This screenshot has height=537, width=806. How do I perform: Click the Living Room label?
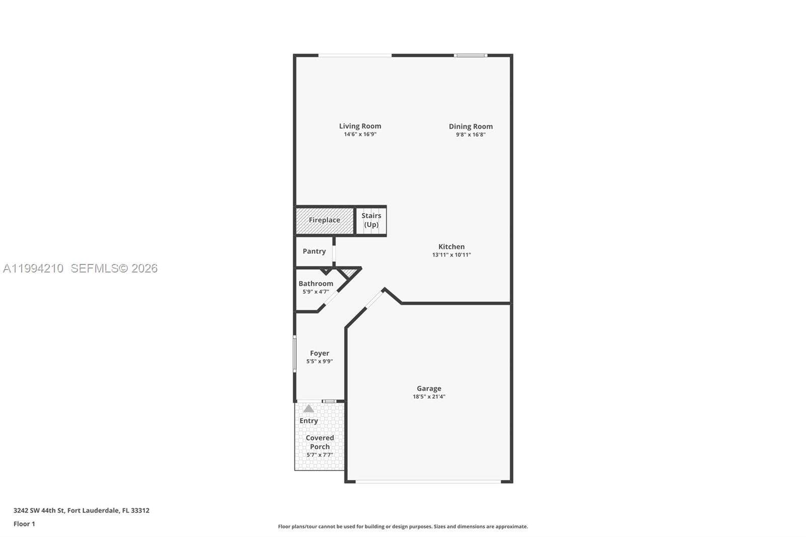(x=360, y=126)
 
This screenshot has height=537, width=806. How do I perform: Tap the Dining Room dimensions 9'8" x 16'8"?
(x=471, y=135)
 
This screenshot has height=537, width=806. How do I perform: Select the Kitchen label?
(x=451, y=246)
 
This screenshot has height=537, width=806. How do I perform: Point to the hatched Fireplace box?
(x=324, y=220)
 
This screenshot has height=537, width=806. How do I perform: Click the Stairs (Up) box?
(x=371, y=220)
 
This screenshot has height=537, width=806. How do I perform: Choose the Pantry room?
(x=314, y=251)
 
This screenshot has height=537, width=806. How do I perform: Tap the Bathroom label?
(x=315, y=283)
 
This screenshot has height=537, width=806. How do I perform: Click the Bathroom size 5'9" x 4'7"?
(x=315, y=292)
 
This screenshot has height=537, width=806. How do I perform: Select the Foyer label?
(x=319, y=353)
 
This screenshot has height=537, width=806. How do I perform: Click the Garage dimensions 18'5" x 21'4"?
(x=429, y=396)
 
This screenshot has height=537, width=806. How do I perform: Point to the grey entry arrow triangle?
(x=308, y=409)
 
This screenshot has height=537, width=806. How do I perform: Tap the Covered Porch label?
(x=319, y=442)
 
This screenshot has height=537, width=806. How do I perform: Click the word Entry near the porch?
(x=308, y=421)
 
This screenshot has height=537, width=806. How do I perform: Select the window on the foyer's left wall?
(x=295, y=354)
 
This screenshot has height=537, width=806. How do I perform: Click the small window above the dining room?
(x=471, y=55)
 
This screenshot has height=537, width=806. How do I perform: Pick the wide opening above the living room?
(x=355, y=55)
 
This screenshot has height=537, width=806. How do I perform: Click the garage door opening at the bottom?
(x=428, y=482)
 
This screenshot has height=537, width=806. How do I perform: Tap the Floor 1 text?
(x=24, y=524)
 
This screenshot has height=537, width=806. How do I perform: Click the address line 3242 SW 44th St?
(x=81, y=510)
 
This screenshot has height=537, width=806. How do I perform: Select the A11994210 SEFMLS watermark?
(x=80, y=268)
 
